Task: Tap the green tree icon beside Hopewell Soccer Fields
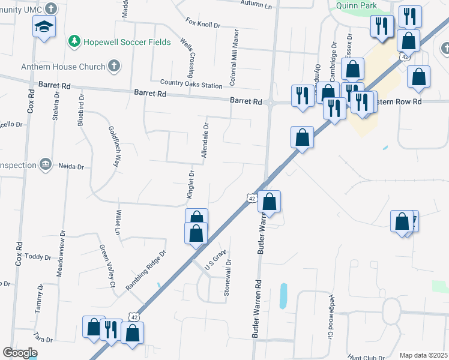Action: tap(74, 41)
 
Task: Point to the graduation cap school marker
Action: tap(44, 26)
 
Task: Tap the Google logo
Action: tap(20, 353)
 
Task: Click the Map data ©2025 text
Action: tap(423, 355)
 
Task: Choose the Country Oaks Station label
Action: tap(191, 85)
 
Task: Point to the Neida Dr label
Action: tap(71, 165)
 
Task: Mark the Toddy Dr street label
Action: tap(38, 257)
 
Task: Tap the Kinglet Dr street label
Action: tap(190, 184)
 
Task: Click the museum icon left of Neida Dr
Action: tap(44, 164)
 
